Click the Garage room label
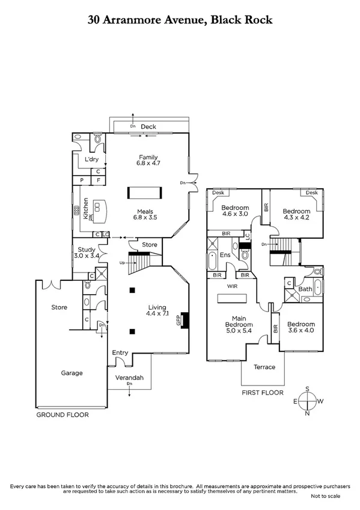(72, 373)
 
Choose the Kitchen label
(86, 210)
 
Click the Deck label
(148, 127)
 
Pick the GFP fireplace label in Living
(178, 321)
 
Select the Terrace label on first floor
(264, 367)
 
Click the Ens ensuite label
(225, 256)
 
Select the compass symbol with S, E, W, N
(308, 400)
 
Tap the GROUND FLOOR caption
(63, 415)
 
